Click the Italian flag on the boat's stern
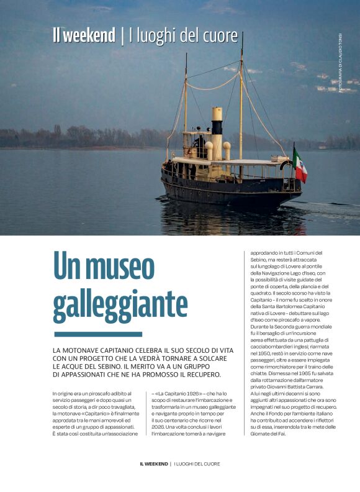pos(300,166)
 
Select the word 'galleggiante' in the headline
pos(120,305)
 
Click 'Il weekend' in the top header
pos(84,35)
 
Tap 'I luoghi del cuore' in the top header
pos(183,35)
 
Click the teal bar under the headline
pos(97,334)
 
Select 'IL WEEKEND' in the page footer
pos(153,463)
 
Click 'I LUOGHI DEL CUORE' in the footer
pos(197,463)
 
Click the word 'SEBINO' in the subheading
pos(130,367)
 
